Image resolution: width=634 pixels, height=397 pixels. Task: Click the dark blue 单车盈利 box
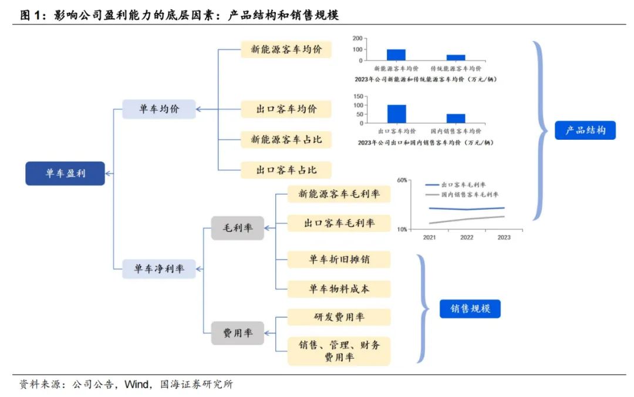65,174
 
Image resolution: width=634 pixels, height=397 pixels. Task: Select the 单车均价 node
158,109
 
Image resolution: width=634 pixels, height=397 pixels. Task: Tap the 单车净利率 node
158,269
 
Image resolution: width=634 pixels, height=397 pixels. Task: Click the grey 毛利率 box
237,228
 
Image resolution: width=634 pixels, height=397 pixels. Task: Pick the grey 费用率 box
237,333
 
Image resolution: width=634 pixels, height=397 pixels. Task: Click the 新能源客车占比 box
286,139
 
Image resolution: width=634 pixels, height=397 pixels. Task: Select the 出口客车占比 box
286,170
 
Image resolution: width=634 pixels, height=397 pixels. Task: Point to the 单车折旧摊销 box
339,258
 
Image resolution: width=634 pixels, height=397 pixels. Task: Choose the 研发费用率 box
339,317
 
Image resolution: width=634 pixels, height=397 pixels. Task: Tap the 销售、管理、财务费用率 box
339,351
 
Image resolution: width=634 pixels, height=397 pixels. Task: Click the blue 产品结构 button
585,130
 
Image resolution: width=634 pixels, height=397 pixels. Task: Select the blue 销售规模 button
470,308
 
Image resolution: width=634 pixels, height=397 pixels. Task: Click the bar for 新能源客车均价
396,55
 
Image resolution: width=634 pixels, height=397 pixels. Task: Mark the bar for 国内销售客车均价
456,119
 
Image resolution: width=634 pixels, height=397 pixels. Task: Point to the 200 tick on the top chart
357,38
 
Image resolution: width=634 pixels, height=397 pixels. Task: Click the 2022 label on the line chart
467,237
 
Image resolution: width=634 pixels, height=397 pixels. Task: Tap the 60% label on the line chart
402,180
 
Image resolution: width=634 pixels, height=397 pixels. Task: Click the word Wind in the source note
136,385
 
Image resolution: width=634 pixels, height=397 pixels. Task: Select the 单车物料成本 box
339,288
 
